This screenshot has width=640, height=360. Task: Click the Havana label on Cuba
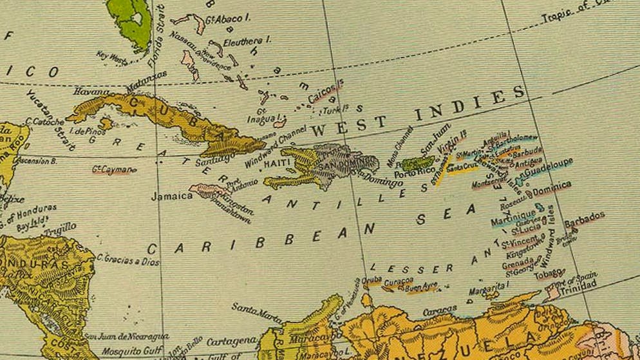click(x=92, y=92)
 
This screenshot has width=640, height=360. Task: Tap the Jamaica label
click(x=172, y=196)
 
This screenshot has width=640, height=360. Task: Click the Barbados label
click(x=585, y=216)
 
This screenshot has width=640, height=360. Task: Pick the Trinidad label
click(x=575, y=289)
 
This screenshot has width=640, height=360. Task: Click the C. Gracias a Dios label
click(x=128, y=259)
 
